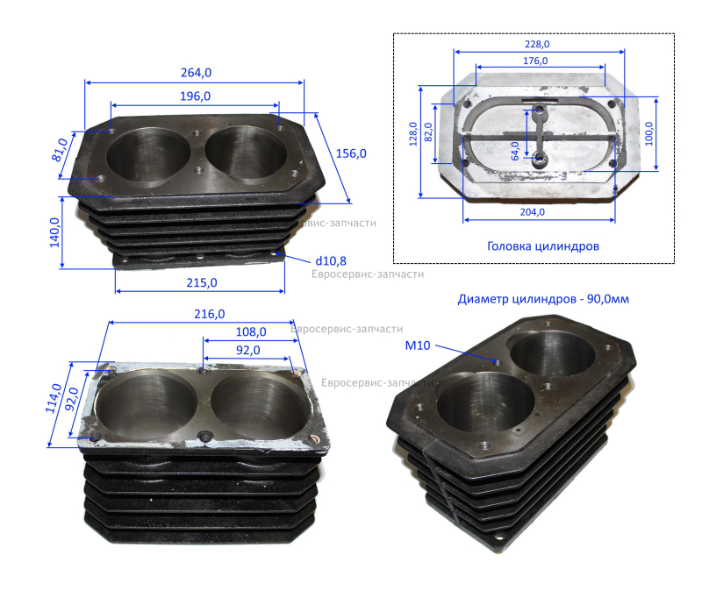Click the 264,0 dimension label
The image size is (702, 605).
point(196,73)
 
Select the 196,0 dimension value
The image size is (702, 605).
point(195,96)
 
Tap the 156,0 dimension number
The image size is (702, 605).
point(351,153)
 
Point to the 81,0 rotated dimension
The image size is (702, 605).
point(60,150)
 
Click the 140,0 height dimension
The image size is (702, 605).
point(54,232)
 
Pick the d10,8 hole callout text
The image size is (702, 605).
point(331,261)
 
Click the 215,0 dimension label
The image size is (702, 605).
point(202,283)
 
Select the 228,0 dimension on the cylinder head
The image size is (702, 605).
point(537,44)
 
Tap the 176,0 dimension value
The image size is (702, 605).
point(535,60)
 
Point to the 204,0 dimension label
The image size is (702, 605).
point(533,211)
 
